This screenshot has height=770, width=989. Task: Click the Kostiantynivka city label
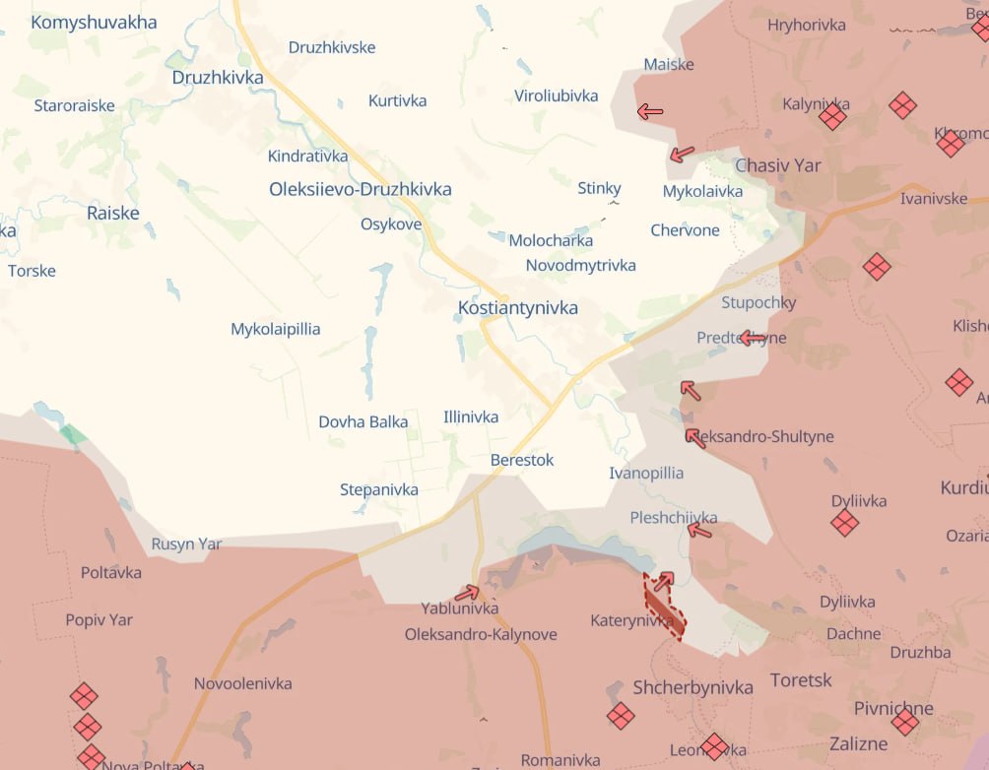(x=517, y=308)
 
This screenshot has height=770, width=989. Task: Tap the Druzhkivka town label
(x=217, y=77)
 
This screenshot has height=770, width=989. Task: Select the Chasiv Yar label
(x=777, y=165)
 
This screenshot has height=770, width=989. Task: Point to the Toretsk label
(x=801, y=680)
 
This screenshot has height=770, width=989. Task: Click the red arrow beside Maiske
(x=650, y=111)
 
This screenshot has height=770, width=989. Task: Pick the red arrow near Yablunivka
(x=467, y=593)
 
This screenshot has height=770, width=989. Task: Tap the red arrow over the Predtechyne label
(x=752, y=339)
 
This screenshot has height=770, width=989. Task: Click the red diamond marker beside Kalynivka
(x=832, y=117)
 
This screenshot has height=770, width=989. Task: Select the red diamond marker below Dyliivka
(x=844, y=523)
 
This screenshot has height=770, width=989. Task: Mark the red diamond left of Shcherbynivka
(x=621, y=716)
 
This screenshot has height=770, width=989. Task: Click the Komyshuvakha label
(x=94, y=22)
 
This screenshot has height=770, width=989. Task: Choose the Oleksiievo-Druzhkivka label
(x=360, y=189)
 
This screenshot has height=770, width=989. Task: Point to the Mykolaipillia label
(x=275, y=329)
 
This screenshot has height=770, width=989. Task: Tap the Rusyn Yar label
(x=186, y=544)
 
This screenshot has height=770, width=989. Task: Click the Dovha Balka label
(x=363, y=421)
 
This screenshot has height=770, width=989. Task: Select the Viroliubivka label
(x=556, y=96)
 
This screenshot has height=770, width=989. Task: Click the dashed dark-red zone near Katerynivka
(x=666, y=608)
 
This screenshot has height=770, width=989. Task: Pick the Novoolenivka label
(x=242, y=683)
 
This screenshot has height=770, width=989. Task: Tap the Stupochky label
(x=758, y=302)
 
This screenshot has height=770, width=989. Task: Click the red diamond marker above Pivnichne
(x=904, y=723)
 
